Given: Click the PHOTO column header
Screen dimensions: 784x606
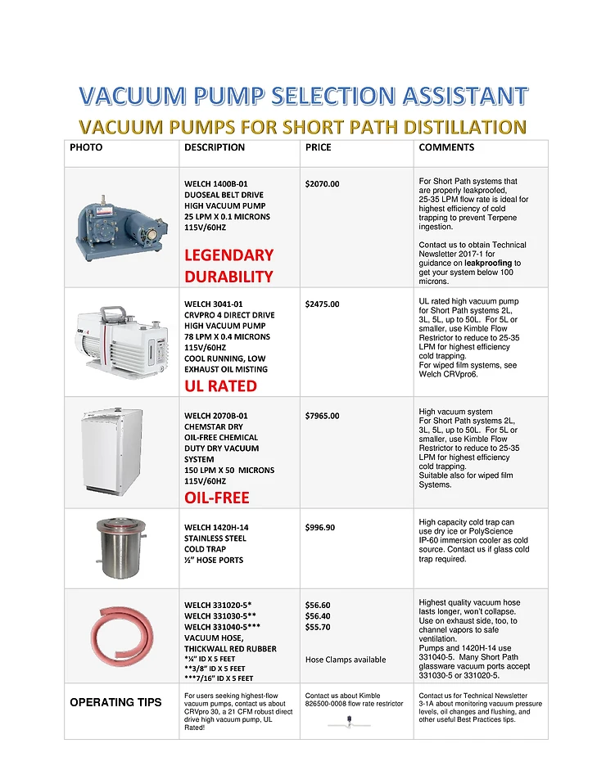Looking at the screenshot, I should point(86,147).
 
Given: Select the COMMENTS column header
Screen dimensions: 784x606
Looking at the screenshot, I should point(446,147).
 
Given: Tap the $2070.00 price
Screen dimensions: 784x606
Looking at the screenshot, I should point(322,184).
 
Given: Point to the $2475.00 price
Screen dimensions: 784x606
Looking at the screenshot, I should point(322,304).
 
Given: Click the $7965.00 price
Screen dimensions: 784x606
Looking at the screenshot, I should point(322,416).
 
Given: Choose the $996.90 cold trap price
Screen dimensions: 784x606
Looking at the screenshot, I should point(319,527).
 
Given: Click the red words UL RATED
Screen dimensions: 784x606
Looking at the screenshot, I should point(220,386).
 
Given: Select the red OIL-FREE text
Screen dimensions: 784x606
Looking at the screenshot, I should point(217,498).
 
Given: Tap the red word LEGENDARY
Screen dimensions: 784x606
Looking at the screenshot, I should point(228,255).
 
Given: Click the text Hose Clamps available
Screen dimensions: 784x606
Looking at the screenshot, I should point(345,660).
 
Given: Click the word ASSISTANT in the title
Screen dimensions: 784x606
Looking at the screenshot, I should point(459,96).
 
